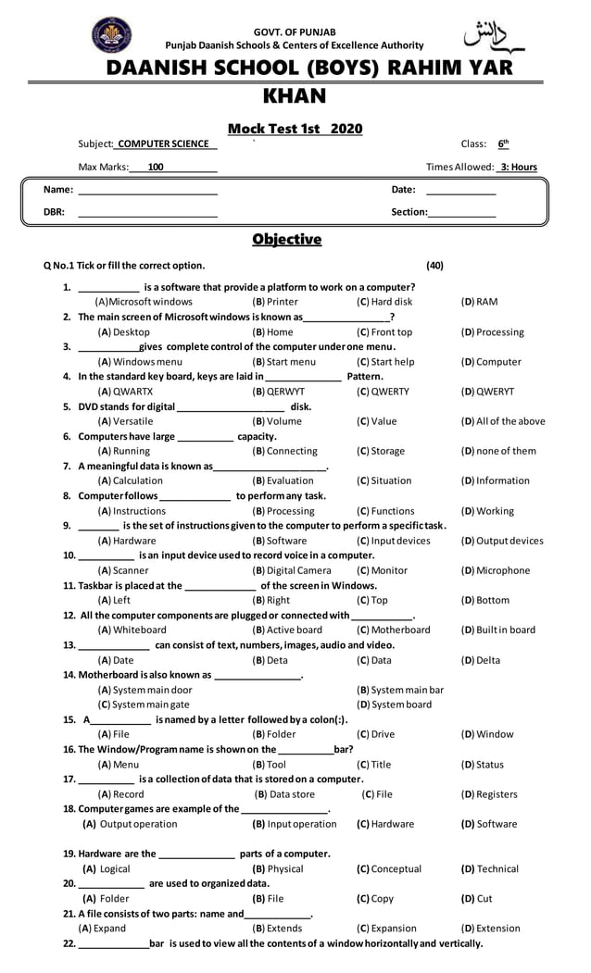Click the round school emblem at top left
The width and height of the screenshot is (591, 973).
click(111, 35)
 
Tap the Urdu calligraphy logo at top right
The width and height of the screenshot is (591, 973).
click(493, 35)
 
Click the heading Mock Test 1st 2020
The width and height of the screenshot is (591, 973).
click(295, 129)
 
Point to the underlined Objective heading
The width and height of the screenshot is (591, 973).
click(286, 240)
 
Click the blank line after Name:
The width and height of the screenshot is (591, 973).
click(147, 191)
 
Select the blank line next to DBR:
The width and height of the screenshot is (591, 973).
click(147, 213)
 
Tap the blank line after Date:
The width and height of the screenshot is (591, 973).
click(460, 191)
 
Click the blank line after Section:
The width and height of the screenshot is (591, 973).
click(462, 213)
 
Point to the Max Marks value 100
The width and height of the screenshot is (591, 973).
click(156, 168)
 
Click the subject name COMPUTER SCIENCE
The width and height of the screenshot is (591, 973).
click(163, 144)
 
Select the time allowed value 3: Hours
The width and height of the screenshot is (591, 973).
click(518, 168)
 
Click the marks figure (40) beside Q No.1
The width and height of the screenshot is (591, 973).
click(434, 266)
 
